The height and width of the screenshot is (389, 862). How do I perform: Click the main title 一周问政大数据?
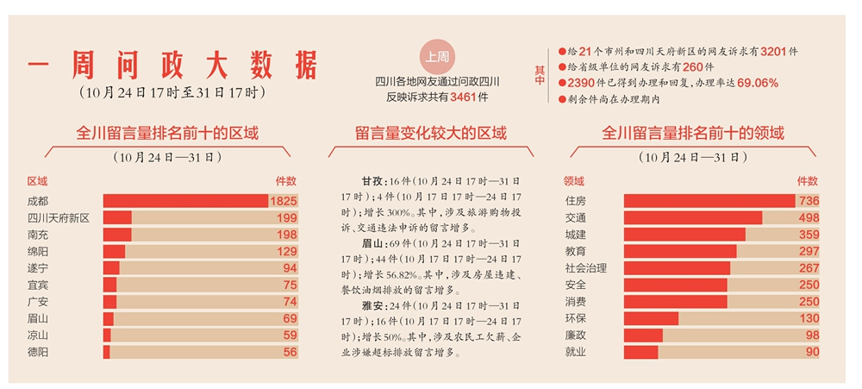pos(172,66)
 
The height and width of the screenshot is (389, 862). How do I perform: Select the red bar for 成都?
pos(185,201)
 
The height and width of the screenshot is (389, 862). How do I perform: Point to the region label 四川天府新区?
pos(59,217)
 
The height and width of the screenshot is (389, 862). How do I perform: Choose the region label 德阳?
pos(38,352)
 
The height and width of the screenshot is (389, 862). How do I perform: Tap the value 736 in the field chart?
pos(809,201)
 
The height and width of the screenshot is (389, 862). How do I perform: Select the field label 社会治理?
pos(585,268)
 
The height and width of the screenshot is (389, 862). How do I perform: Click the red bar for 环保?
pos(651,318)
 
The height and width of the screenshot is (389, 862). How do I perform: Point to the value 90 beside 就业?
pos(812,352)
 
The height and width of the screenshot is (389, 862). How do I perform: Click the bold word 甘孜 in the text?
pos(372,183)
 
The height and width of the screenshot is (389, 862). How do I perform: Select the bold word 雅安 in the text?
pos(372,305)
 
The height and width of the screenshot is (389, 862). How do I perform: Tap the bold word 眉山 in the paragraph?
pos(372,244)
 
